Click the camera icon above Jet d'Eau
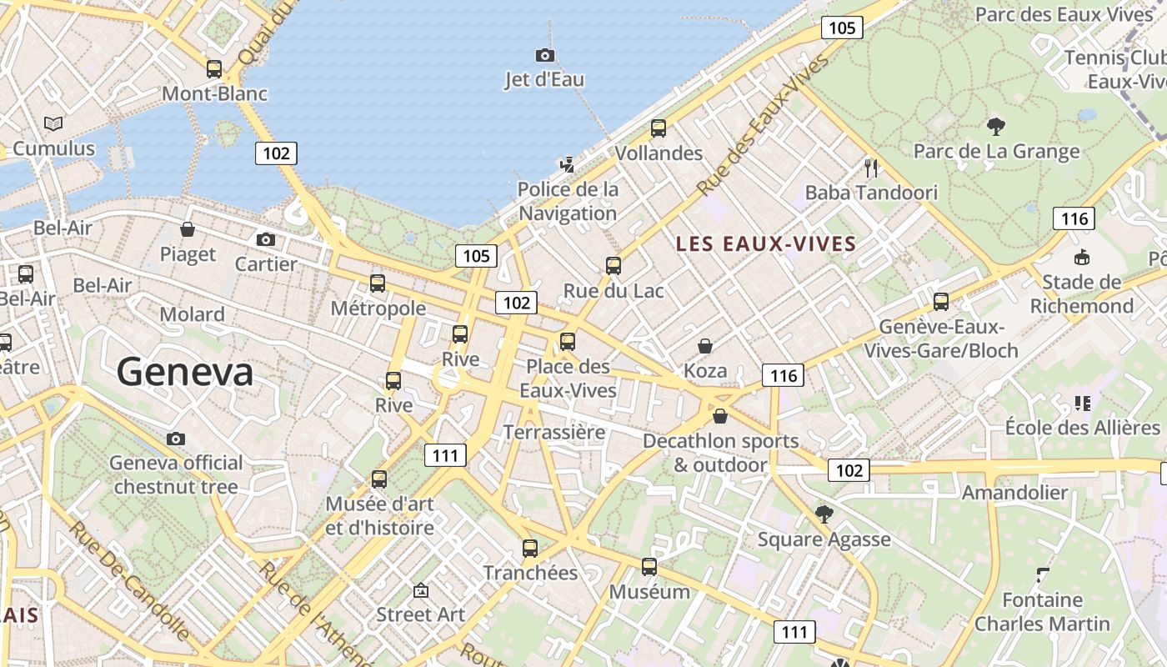[544, 55]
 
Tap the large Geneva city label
[185, 371]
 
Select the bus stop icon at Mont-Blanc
[214, 69]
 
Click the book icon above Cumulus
[53, 124]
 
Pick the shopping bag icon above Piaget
[188, 229]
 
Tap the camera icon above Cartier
[266, 240]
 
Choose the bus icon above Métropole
[378, 283]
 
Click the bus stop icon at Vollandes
[659, 128]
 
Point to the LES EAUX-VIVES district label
[766, 244]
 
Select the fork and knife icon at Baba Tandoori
[872, 168]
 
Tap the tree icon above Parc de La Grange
[995, 127]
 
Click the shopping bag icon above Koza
[705, 346]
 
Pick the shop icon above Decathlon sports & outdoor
[720, 416]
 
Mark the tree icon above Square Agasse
[824, 514]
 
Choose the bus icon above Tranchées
[530, 549]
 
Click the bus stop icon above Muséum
[649, 567]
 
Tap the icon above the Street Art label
[421, 590]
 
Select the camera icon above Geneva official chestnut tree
[176, 439]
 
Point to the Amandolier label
[1014, 493]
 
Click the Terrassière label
[553, 432]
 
